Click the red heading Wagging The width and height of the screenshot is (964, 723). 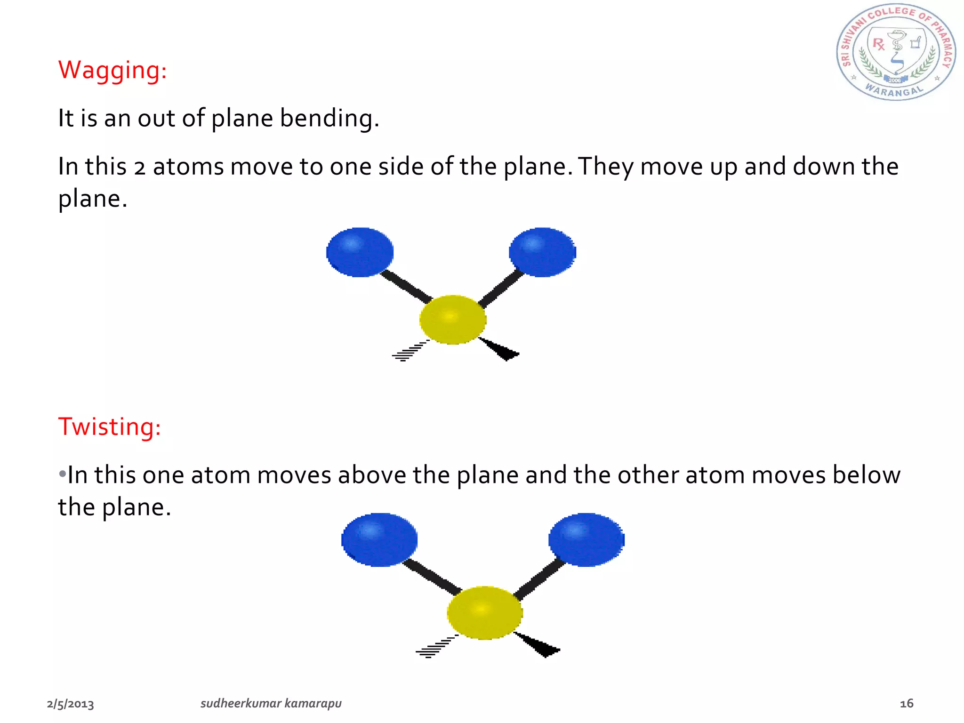[x=112, y=71]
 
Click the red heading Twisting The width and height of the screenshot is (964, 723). [x=109, y=427]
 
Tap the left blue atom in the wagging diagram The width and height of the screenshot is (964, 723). [x=360, y=252]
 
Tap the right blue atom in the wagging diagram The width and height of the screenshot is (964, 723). [x=542, y=252]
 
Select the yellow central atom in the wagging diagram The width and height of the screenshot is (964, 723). [x=452, y=320]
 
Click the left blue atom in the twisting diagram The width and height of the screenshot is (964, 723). [x=379, y=539]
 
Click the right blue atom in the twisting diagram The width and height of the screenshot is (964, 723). [x=586, y=539]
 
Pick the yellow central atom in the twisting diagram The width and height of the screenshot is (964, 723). [x=484, y=612]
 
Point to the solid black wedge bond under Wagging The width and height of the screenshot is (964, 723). [x=500, y=349]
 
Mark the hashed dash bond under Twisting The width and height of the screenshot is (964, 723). [x=434, y=648]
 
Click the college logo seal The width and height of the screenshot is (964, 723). [x=896, y=52]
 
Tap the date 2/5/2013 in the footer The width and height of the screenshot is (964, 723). [x=71, y=704]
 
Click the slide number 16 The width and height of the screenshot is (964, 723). [x=907, y=704]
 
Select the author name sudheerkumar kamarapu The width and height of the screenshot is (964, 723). [x=271, y=704]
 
